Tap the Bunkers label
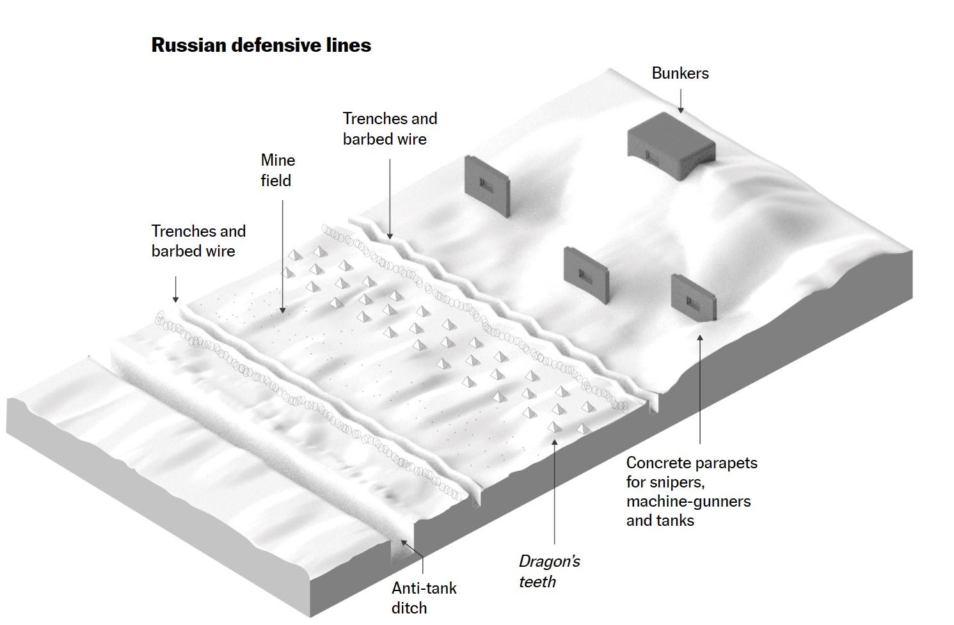(680, 73)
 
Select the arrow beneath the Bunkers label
(680, 100)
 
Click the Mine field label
(278, 170)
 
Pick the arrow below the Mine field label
(282, 256)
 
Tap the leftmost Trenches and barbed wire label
(198, 241)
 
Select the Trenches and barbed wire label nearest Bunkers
(389, 129)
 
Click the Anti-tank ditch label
(424, 597)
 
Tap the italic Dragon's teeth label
(548, 571)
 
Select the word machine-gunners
(688, 501)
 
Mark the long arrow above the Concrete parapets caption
(699, 390)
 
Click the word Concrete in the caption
(656, 463)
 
